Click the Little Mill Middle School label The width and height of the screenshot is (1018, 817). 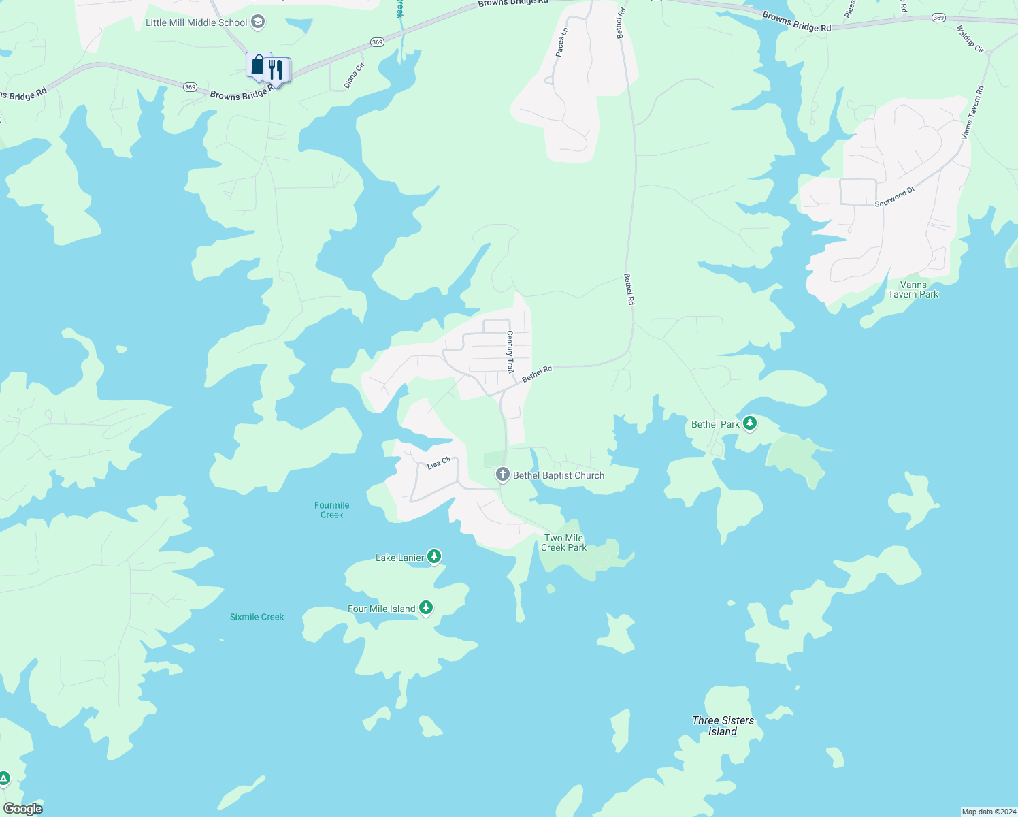(196, 22)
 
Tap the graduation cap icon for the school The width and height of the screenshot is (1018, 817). (257, 22)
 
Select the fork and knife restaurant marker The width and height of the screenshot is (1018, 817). (276, 69)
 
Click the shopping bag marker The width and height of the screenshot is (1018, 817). (257, 65)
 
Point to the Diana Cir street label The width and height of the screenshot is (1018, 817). (354, 75)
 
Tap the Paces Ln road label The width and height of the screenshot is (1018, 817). (561, 42)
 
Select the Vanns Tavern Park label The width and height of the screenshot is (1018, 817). (913, 289)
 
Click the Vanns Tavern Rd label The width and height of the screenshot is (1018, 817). (972, 112)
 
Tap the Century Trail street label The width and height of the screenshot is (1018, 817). (510, 351)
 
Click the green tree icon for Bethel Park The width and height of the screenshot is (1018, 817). (750, 423)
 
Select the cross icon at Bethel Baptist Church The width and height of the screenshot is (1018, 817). (502, 475)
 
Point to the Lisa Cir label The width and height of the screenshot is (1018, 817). (439, 463)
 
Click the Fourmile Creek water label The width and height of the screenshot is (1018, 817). (331, 510)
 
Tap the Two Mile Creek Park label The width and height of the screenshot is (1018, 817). (563, 543)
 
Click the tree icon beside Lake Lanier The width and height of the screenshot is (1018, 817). (434, 557)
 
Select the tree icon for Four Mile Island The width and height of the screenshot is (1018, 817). (426, 607)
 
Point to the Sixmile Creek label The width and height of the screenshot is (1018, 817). (257, 617)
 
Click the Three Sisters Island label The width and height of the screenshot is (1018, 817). (723, 726)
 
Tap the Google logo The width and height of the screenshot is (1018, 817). (23, 809)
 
